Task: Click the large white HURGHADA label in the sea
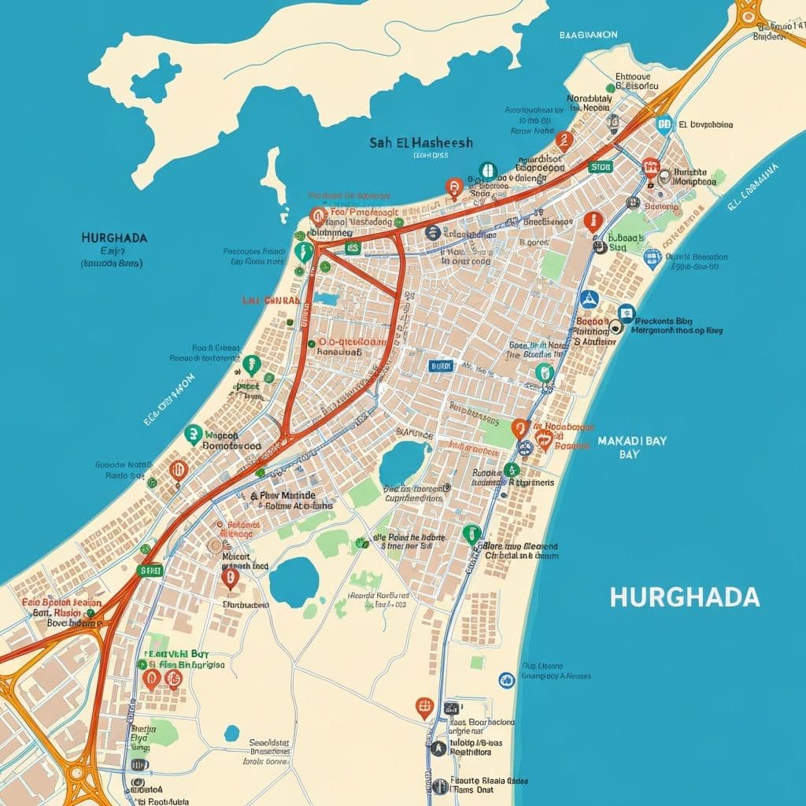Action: click(685, 597)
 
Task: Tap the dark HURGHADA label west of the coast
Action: click(114, 237)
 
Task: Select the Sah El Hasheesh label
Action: click(421, 142)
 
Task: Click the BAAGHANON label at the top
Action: click(590, 35)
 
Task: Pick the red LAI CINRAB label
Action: click(270, 301)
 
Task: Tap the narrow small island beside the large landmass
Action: click(273, 177)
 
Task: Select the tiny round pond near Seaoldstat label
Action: click(231, 733)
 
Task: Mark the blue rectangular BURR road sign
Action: click(441, 366)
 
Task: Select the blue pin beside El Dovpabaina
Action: click(664, 123)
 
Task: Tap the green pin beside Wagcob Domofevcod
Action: click(193, 433)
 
